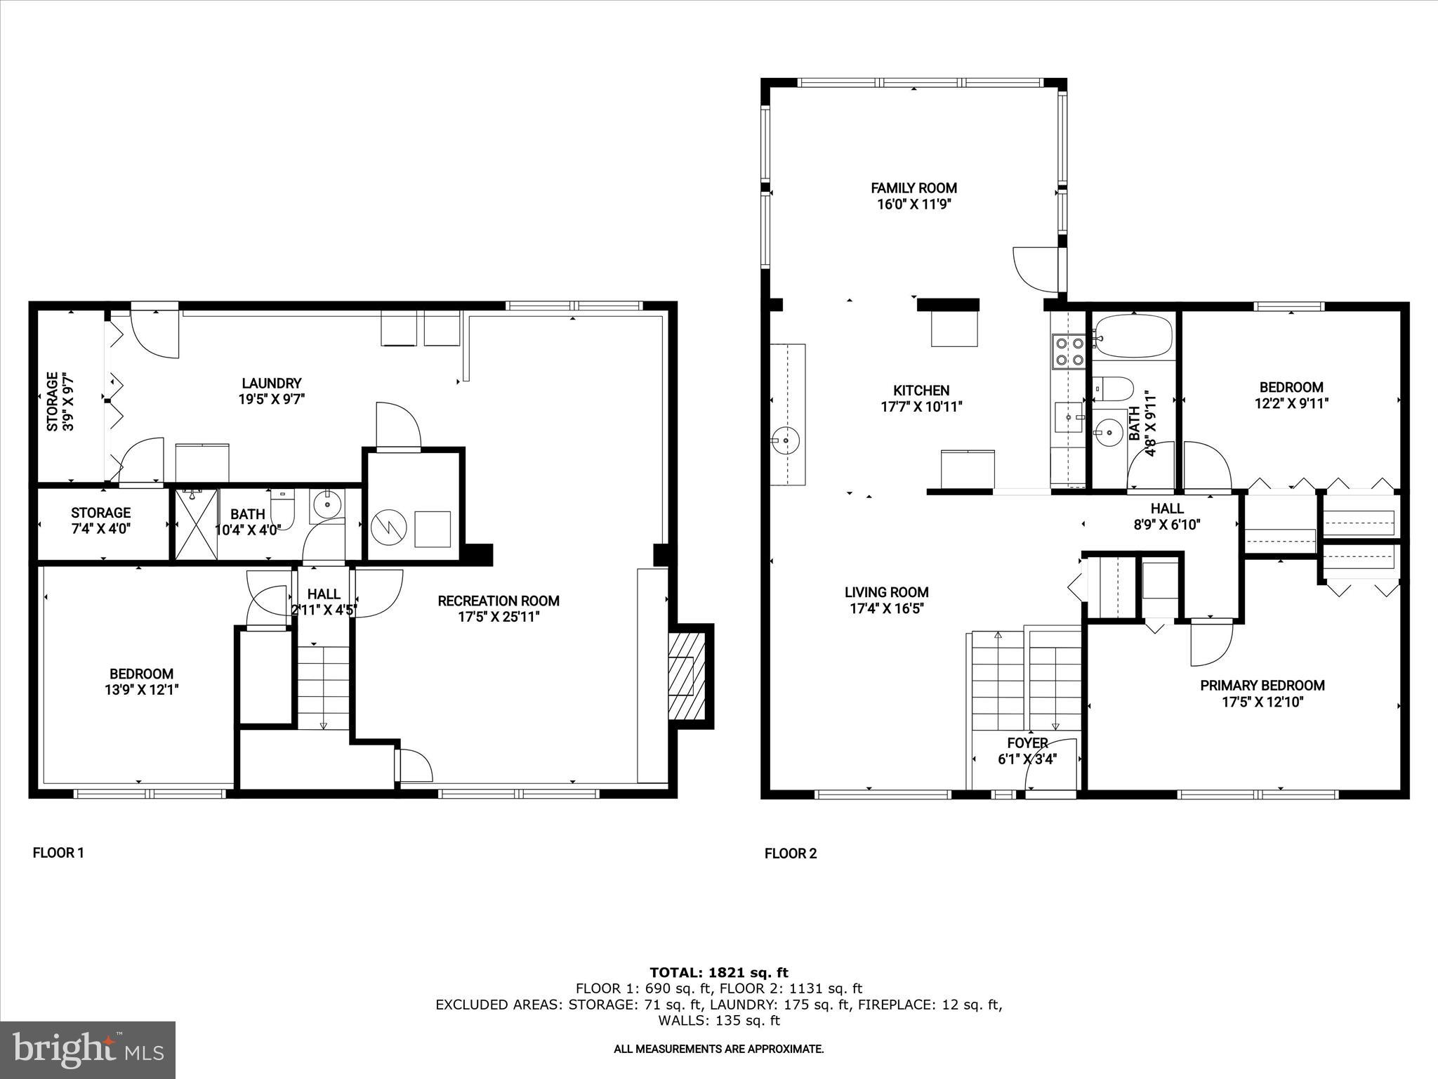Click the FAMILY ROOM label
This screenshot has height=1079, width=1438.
(913, 188)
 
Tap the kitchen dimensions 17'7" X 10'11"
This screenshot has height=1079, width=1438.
(921, 406)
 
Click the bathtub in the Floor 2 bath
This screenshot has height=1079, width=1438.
(1133, 336)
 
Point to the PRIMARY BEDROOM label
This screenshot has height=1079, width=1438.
(1262, 686)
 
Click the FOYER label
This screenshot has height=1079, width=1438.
(1027, 743)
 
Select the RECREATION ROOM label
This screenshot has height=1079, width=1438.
(498, 601)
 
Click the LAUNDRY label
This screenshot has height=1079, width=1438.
(271, 383)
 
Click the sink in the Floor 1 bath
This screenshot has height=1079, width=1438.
(327, 504)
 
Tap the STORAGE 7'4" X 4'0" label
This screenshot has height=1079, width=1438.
(100, 520)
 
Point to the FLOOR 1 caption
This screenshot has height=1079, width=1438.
(58, 853)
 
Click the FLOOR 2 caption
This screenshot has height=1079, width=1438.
(791, 854)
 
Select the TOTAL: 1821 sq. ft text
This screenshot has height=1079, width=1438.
(718, 973)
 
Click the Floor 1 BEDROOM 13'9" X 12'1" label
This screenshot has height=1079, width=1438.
(141, 681)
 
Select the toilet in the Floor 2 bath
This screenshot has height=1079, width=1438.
(1113, 388)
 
